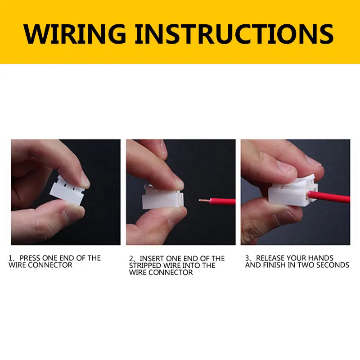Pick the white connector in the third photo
coord(288,196)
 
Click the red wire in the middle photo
coord(220,202)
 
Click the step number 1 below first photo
coord(10,258)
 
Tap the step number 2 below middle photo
coord(131,259)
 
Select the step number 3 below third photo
coord(247,258)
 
